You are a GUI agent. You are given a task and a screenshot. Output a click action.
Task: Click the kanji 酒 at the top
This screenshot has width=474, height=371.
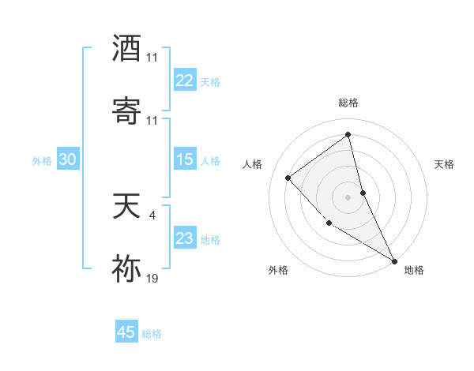point(127,48)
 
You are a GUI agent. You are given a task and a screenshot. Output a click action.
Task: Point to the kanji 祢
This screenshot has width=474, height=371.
point(127,269)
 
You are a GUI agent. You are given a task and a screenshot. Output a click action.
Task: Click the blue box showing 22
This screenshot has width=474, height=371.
point(184,81)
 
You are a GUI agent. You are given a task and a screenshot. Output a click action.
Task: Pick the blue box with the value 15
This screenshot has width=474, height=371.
point(184,159)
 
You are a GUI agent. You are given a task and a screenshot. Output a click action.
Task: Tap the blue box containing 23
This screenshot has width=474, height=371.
point(184,238)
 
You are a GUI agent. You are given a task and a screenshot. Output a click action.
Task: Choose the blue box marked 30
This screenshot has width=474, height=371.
point(67,159)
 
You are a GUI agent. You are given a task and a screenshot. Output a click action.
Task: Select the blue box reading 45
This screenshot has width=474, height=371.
point(126,332)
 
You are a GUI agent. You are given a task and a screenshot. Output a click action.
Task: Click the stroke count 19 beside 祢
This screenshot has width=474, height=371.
point(152,278)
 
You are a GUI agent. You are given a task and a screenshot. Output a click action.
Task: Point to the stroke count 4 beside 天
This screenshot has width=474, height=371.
point(152,213)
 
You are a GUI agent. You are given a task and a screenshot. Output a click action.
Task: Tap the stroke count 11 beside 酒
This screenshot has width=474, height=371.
point(152,58)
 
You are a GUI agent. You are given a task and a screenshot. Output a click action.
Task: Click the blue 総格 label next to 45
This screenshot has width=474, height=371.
point(152,334)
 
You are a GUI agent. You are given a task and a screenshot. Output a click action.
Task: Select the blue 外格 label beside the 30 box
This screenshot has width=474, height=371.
point(42,161)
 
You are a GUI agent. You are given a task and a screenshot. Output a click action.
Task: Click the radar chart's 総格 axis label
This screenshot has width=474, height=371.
point(348,103)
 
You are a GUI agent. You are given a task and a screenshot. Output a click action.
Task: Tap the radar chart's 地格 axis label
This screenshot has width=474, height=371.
point(414,270)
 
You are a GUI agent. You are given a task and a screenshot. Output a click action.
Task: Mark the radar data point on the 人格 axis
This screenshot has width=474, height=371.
point(288,178)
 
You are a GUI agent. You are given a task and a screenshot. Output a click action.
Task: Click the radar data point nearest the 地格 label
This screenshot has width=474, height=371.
point(394,261)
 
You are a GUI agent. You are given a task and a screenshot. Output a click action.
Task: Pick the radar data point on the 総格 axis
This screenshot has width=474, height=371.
point(348,135)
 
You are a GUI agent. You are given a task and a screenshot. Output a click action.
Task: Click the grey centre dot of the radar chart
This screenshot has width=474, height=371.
point(348,197)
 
